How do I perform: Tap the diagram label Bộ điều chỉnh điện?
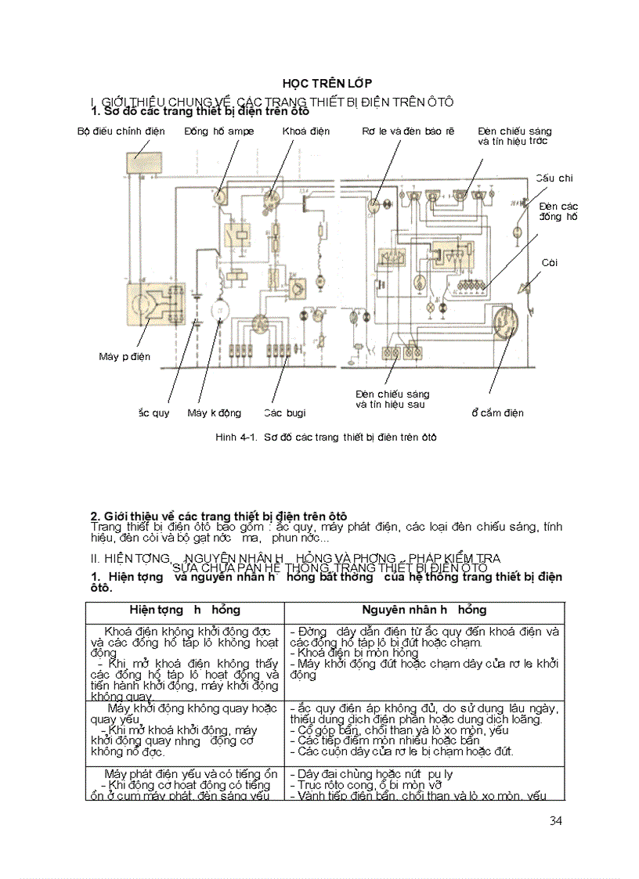pos(121,131)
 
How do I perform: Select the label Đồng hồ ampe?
pos(219,131)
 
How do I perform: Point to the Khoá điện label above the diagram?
pos(306,131)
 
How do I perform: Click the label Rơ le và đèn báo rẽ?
pos(407,131)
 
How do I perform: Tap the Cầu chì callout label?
pos(554,178)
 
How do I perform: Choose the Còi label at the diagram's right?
pos(550,263)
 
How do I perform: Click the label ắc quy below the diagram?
pos(153,412)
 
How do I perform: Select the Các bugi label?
pos(284,412)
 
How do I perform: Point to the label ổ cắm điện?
pos(497,412)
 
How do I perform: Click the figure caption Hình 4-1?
pos(326,438)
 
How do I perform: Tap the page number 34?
pos(556,820)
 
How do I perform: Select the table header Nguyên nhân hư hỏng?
pos(424,610)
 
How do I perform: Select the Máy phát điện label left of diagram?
pos(125,357)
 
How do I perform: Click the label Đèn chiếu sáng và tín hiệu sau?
pos(392,399)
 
